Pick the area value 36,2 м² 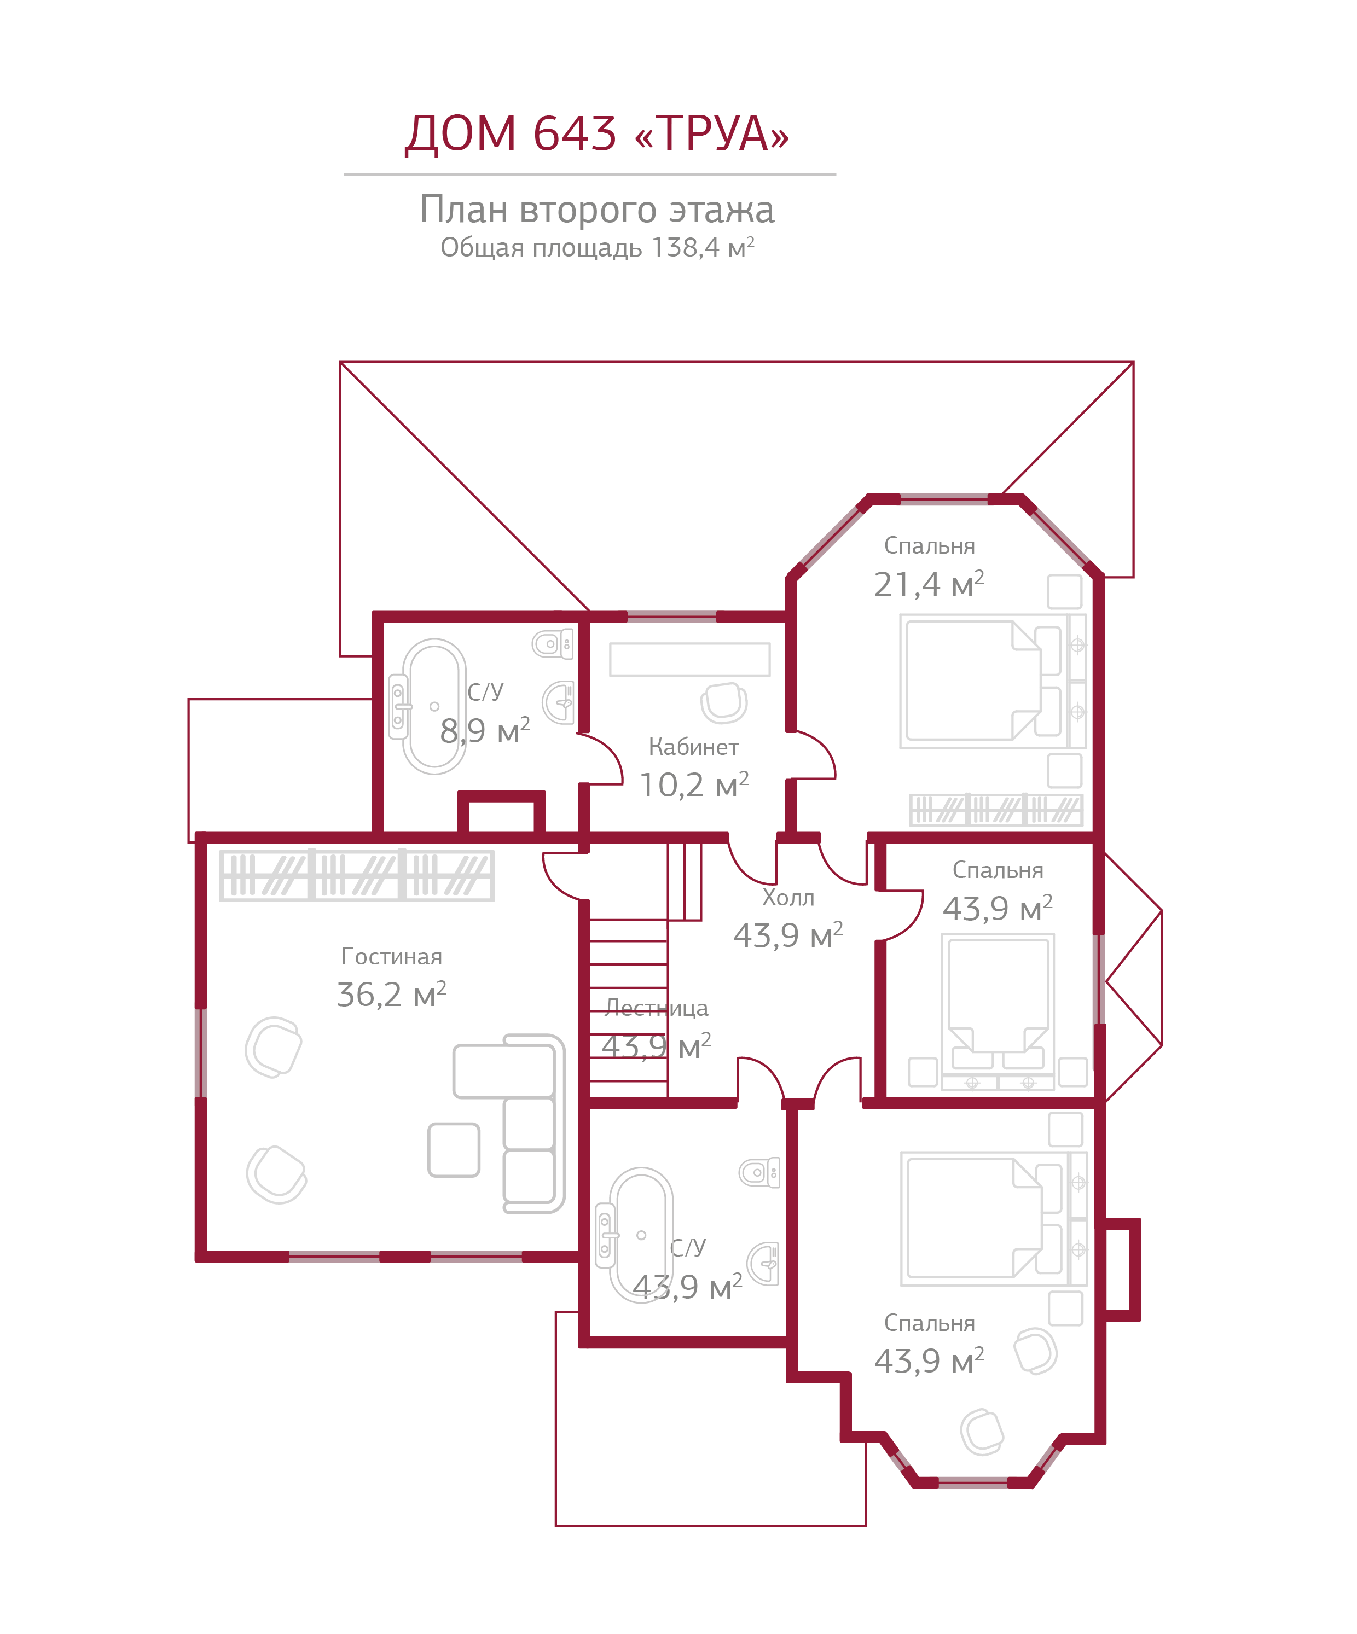[x=391, y=995]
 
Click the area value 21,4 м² [x=928, y=584]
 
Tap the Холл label [x=787, y=898]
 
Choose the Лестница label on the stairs [x=656, y=1008]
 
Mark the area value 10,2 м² [x=693, y=785]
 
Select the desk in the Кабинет [x=689, y=659]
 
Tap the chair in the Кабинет [x=723, y=702]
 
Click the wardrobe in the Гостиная [x=356, y=875]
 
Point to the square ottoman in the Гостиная [x=454, y=1149]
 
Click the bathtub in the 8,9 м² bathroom [x=433, y=706]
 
